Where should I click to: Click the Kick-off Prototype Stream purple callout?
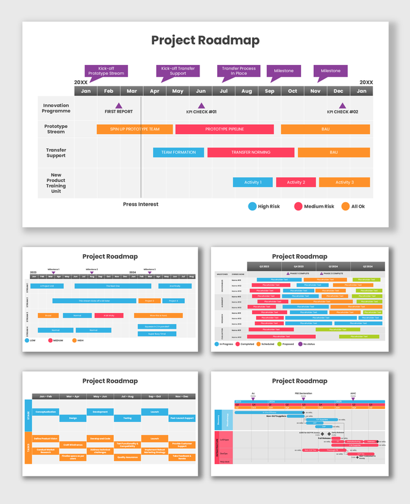click(106, 71)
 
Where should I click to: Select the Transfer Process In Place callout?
click(239, 71)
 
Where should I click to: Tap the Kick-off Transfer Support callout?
click(177, 71)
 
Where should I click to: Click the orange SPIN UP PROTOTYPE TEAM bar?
click(135, 129)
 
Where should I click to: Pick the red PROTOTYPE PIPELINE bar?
click(225, 129)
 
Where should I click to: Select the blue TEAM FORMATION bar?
click(179, 152)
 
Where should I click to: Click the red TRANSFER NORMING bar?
click(251, 152)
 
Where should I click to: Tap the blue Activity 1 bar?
click(253, 182)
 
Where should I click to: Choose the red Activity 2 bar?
click(295, 182)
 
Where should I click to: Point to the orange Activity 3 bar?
click(344, 182)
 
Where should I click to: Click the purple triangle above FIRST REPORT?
click(118, 106)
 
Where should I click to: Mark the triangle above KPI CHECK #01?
click(201, 106)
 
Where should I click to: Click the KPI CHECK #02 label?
click(342, 112)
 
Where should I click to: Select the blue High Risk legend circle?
click(252, 206)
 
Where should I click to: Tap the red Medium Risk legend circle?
click(298, 206)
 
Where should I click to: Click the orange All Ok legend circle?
click(345, 206)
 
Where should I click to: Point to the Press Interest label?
click(141, 205)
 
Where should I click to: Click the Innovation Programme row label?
click(56, 108)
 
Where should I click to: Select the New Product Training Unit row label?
click(56, 183)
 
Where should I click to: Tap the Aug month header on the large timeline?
click(247, 91)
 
